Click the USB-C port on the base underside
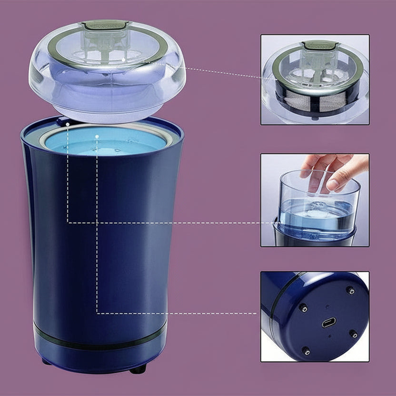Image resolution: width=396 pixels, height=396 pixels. point(328,323)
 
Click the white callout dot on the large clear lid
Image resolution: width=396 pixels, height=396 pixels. point(123,59)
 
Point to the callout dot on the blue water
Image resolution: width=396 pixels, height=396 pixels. point(97,137)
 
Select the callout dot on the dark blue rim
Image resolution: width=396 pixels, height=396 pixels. point(68,124)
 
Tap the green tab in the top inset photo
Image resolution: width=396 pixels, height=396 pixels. point(320,45)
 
